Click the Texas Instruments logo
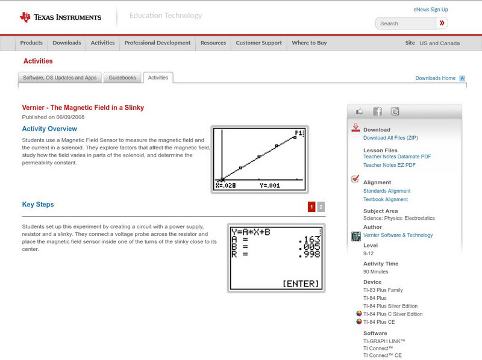tap(60, 17)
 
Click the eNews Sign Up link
tap(430, 10)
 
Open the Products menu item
tap(31, 43)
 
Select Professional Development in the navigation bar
tap(157, 43)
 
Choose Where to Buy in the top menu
tap(309, 43)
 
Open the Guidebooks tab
tap(122, 78)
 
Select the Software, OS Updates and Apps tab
tap(60, 78)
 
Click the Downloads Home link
tap(435, 78)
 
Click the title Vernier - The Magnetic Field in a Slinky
tap(83, 108)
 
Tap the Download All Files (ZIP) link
tap(390, 138)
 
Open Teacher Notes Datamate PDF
tap(397, 157)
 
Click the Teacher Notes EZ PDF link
tap(389, 165)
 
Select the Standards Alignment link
tap(387, 191)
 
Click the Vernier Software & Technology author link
tap(398, 235)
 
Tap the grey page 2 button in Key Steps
tap(321, 207)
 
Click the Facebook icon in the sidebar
tap(377, 111)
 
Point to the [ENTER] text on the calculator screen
tap(301, 284)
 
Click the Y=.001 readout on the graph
tap(270, 185)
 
